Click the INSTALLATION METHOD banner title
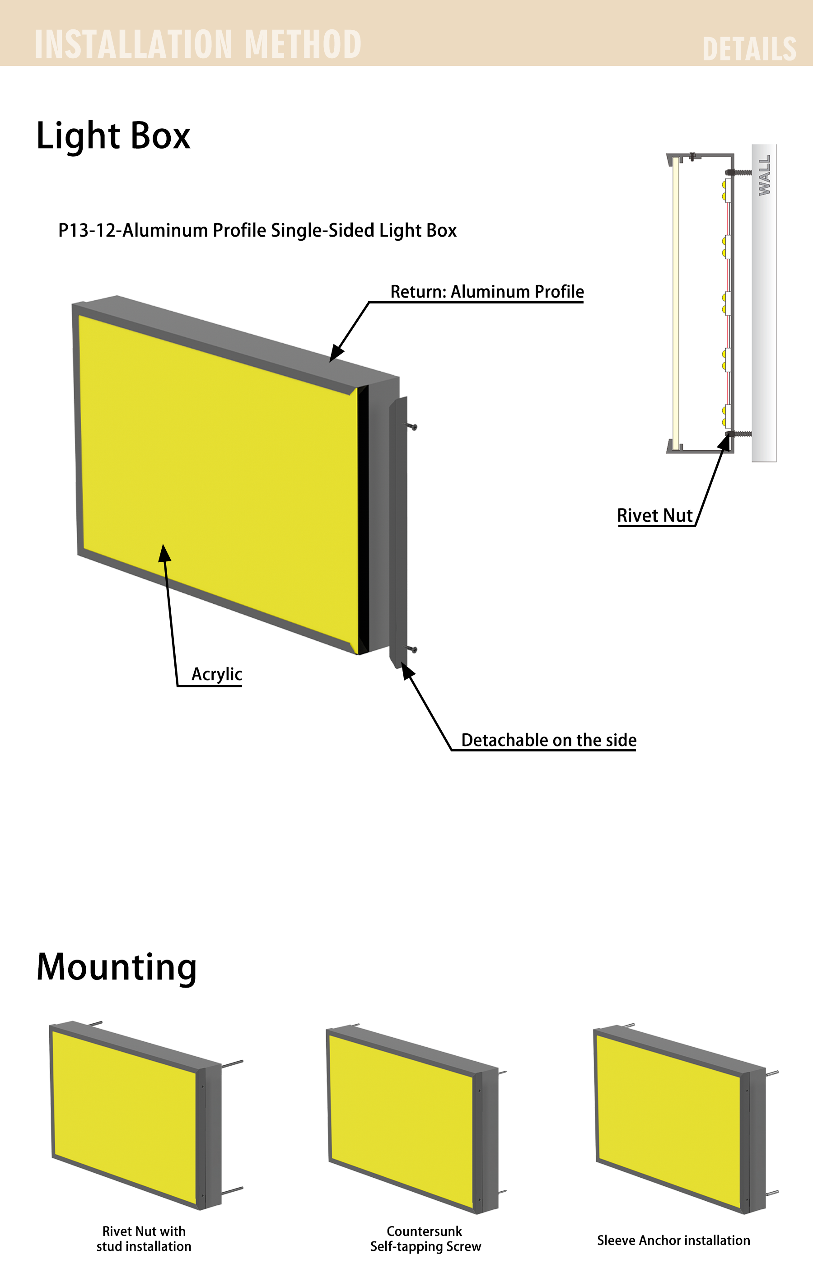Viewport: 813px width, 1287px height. pos(198,44)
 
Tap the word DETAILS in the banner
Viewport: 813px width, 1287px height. pos(749,49)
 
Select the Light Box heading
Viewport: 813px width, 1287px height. pos(113,136)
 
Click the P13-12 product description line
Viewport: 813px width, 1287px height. pos(257,230)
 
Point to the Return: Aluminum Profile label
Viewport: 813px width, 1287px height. pos(487,292)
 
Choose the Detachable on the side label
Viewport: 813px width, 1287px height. pos(549,740)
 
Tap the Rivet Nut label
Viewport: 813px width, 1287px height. pos(655,515)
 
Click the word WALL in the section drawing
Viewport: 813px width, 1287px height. pos(764,175)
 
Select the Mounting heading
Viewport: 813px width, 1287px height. pos(117,967)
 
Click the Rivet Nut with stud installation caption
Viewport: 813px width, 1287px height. pos(144,1239)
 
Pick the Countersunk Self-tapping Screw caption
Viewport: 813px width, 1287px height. pos(425,1239)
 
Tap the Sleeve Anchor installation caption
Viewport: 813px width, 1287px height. pos(673,1240)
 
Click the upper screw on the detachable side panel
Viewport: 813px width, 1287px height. pos(412,426)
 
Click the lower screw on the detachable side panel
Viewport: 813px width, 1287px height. pos(412,649)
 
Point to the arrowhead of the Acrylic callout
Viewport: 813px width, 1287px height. pos(164,553)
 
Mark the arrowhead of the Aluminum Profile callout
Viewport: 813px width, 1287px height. pos(336,353)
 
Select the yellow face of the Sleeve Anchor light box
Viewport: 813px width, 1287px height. pos(670,1120)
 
